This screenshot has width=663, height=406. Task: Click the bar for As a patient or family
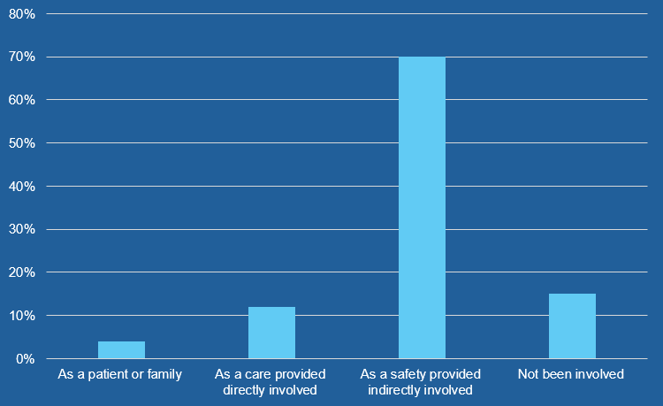tap(121, 350)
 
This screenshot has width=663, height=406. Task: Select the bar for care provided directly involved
tap(271, 333)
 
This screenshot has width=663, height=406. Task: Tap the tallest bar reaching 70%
tap(422, 208)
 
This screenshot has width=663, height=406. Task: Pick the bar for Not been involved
tap(572, 326)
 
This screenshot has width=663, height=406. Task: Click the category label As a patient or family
tap(120, 374)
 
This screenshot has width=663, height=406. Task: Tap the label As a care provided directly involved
tap(271, 381)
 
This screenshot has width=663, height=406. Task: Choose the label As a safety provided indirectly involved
tap(422, 381)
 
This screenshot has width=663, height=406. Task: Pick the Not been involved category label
tap(571, 374)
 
